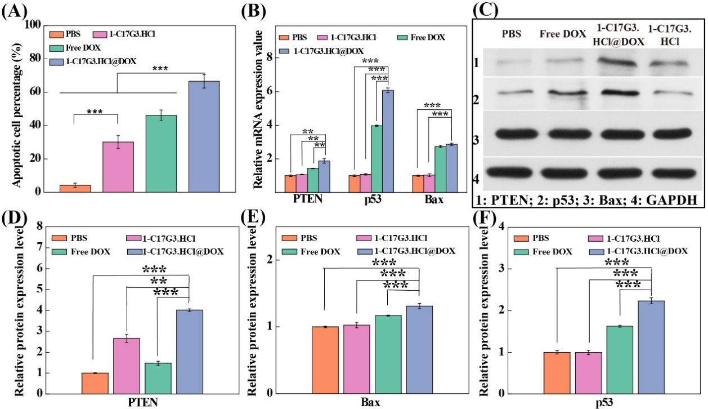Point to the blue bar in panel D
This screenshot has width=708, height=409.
click(189, 351)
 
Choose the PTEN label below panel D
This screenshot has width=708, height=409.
click(142, 402)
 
